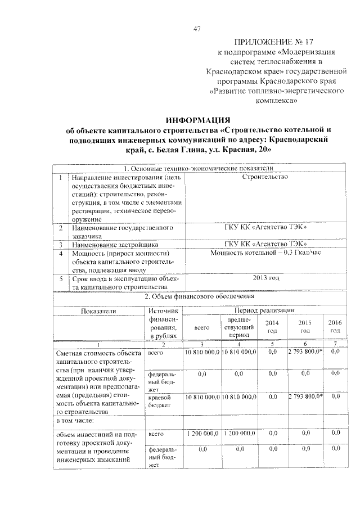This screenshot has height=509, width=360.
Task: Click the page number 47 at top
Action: coord(197,29)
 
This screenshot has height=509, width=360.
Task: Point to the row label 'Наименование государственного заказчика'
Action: coord(121,232)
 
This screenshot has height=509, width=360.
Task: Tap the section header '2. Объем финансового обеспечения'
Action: coord(198,296)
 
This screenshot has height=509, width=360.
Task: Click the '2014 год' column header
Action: coord(272,326)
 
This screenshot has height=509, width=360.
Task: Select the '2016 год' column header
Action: coord(334,326)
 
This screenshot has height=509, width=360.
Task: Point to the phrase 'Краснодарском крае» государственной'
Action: coord(273,72)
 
